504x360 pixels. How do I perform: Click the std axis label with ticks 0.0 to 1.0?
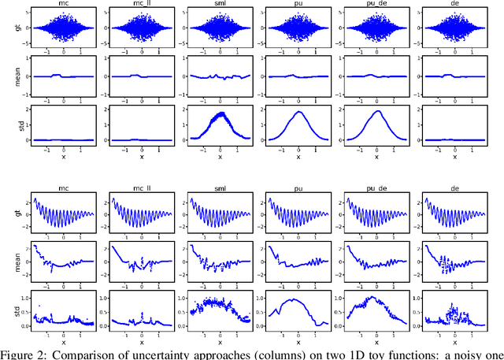8,308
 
